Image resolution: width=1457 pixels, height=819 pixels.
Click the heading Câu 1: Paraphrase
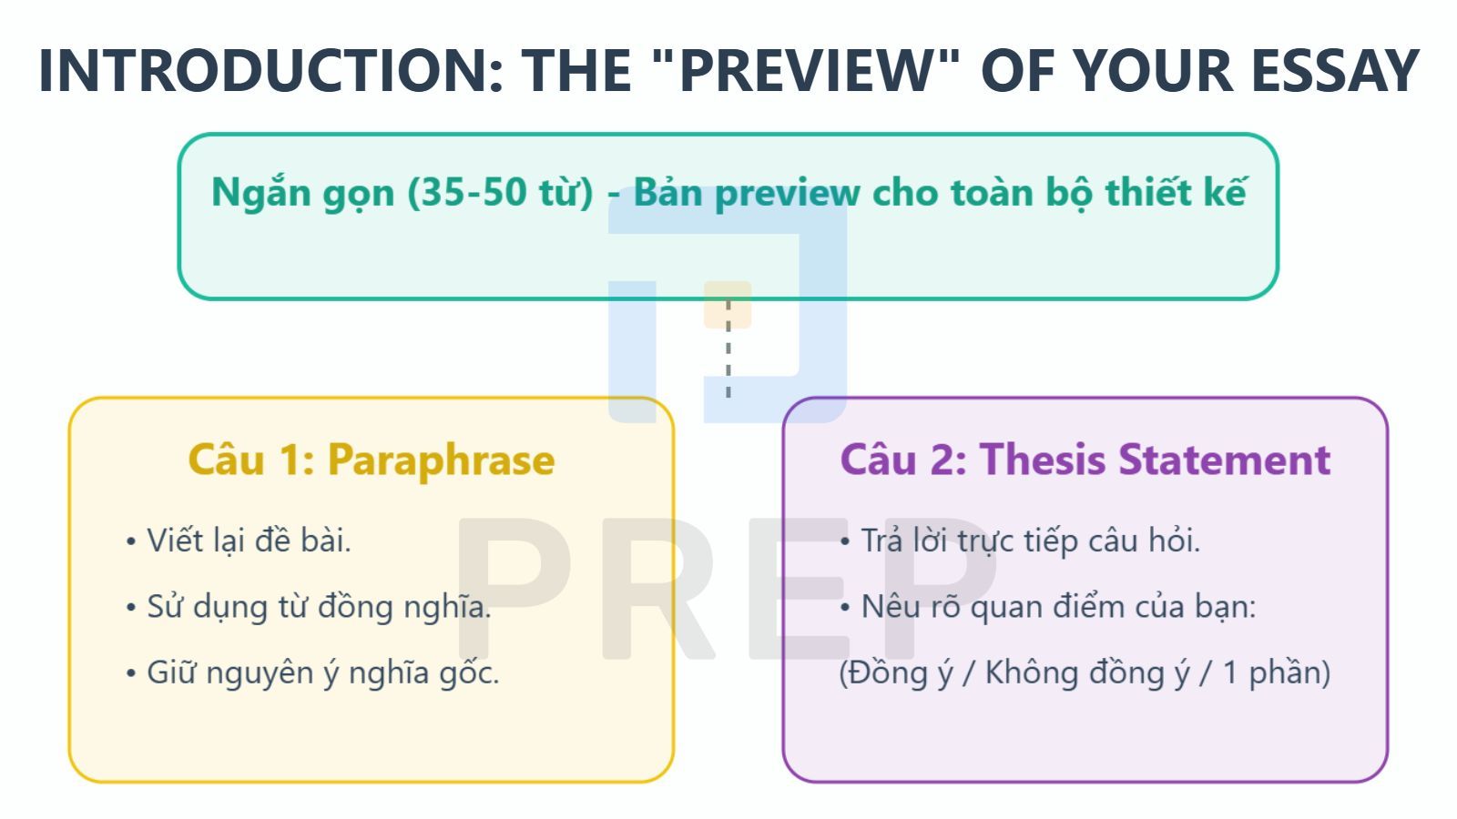click(371, 459)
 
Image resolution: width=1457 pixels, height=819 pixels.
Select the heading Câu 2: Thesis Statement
click(1085, 459)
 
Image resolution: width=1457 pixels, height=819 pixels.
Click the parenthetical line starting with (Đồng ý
click(1084, 672)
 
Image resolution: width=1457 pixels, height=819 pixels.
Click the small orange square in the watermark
click(727, 305)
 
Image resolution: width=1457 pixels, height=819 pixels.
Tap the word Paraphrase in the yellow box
click(441, 459)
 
